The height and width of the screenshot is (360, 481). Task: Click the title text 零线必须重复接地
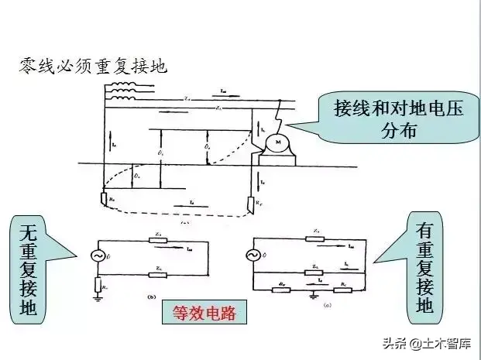click(x=92, y=65)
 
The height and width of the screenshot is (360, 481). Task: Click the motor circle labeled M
click(x=275, y=142)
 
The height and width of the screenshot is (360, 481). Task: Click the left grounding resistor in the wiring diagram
click(x=106, y=200)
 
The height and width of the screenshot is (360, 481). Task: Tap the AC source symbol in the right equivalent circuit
click(x=253, y=255)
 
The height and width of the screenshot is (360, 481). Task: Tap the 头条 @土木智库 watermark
click(x=435, y=341)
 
